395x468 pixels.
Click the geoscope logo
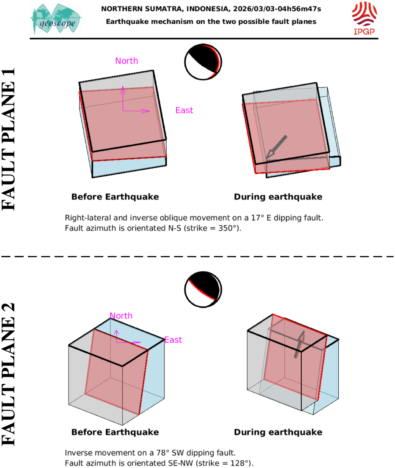(x=56, y=19)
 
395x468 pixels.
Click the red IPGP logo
(x=364, y=18)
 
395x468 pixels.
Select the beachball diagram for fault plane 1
(x=203, y=62)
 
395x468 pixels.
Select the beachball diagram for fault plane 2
(x=203, y=290)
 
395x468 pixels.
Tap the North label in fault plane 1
(x=127, y=61)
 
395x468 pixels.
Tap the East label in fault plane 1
(x=184, y=110)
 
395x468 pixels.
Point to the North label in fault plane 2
(x=121, y=316)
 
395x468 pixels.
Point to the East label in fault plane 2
(x=173, y=340)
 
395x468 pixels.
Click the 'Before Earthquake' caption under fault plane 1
(x=115, y=197)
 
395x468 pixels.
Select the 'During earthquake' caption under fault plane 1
(x=278, y=197)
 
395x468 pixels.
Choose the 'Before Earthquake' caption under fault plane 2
(x=115, y=432)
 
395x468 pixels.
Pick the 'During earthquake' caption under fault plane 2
(x=278, y=432)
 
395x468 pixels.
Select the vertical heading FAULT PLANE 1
(x=8, y=139)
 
